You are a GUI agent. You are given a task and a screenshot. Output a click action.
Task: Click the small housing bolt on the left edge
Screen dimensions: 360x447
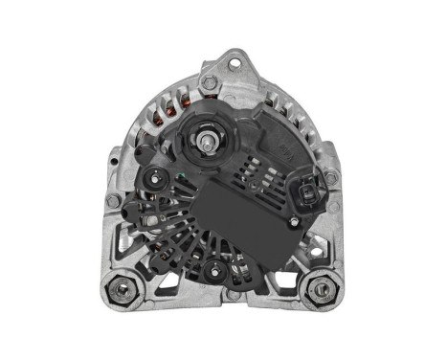113,202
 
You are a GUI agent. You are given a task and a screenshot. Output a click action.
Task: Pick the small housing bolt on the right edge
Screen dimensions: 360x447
330,177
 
